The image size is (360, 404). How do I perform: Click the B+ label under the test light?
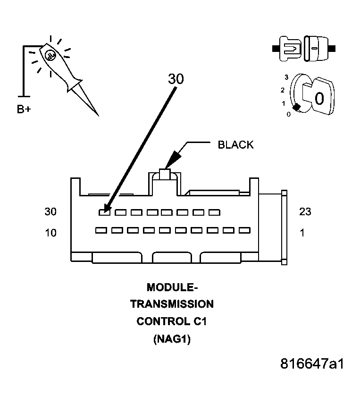(25, 109)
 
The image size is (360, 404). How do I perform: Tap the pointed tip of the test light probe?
(98, 115)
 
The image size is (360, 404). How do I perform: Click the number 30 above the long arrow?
(176, 79)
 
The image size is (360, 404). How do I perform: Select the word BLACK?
(235, 145)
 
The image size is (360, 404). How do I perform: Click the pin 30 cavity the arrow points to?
(104, 212)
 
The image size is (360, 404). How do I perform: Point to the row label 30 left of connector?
(50, 212)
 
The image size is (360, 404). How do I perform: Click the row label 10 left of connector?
(50, 233)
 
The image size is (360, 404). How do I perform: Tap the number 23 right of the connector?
(305, 212)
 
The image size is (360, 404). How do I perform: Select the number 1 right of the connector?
(302, 233)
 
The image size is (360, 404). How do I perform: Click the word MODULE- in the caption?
(171, 287)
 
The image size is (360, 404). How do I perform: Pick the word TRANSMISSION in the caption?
(172, 304)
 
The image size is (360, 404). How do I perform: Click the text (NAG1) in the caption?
(172, 339)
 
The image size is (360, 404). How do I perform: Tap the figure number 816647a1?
(312, 364)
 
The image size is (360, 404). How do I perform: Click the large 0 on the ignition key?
(319, 98)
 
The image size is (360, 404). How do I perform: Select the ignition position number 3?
(286, 76)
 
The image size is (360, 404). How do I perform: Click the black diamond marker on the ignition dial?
(296, 108)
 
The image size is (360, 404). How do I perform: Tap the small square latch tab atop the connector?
(165, 174)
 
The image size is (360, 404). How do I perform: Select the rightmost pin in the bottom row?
(244, 230)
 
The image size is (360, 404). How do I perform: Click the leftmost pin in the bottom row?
(100, 230)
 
